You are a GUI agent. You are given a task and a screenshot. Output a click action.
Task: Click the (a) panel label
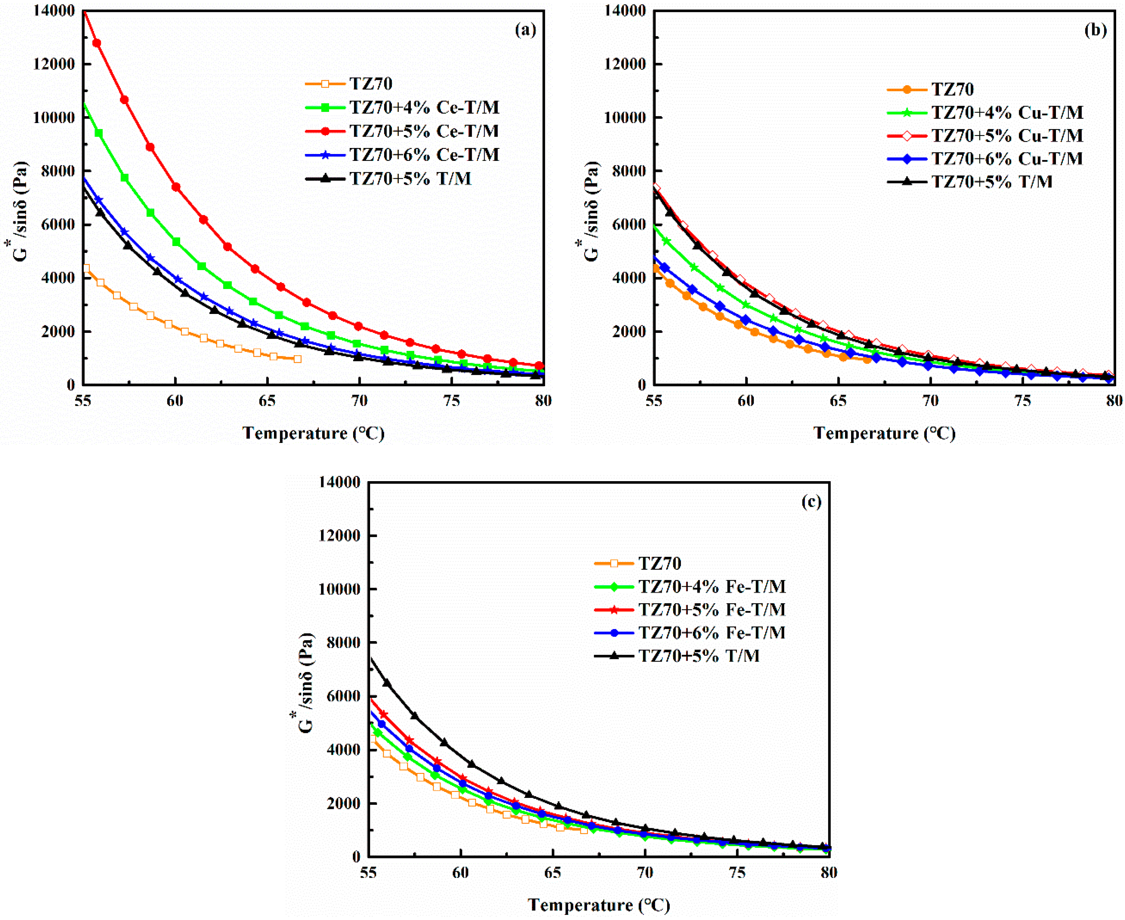525,30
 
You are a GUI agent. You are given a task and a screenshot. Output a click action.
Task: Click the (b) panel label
1095,30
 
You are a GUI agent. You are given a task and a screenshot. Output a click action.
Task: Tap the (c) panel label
811,501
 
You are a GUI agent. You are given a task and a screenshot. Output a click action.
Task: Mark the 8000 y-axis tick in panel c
339,642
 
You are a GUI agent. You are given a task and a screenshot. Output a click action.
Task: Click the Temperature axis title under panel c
599,905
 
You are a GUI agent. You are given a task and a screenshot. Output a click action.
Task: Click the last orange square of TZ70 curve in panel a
297,359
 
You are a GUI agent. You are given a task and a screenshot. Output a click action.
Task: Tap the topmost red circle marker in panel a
97,43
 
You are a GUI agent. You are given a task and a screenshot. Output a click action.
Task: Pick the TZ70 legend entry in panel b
952,89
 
